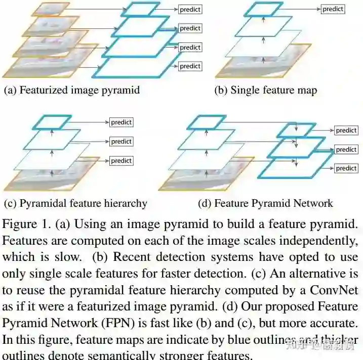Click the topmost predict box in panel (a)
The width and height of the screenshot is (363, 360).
point(190,9)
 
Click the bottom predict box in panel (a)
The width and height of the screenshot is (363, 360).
point(190,66)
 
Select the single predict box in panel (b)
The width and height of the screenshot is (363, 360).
point(333,9)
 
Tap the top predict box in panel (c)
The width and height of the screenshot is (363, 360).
point(121,122)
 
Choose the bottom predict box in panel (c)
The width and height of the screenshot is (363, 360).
point(121,161)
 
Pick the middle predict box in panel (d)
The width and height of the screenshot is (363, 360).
point(346,150)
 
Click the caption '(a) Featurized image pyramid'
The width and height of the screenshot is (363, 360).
point(72,91)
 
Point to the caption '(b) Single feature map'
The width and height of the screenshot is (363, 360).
point(266,91)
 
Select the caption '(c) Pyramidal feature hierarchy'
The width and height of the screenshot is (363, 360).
point(75,204)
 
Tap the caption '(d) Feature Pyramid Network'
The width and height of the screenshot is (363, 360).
point(266,204)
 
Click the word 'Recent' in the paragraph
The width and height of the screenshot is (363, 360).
point(133,257)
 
